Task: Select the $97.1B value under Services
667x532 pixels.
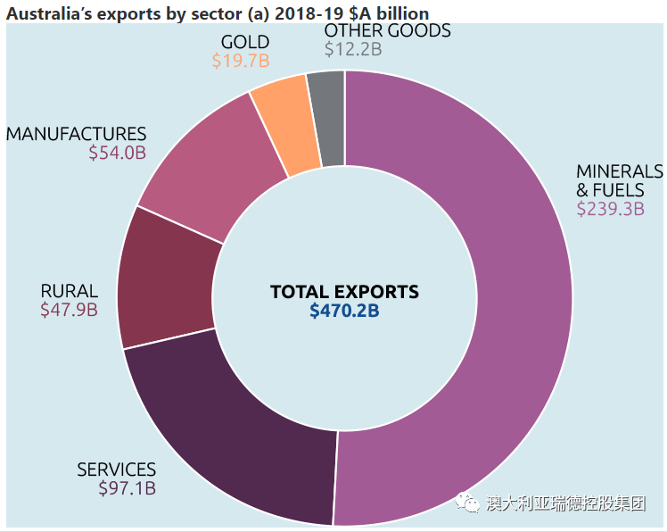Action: pyautogui.click(x=127, y=488)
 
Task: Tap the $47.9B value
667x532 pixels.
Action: pyautogui.click(x=69, y=310)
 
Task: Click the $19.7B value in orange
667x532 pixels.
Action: pyautogui.click(x=240, y=61)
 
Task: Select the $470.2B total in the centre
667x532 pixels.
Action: pyautogui.click(x=344, y=311)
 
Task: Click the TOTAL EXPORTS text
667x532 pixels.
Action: pyautogui.click(x=344, y=292)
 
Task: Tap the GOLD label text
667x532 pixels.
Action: pyautogui.click(x=244, y=42)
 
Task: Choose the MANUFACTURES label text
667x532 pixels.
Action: pyautogui.click(x=76, y=134)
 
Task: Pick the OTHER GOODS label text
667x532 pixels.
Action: pyautogui.click(x=387, y=31)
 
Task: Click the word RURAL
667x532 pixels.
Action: pyautogui.click(x=69, y=291)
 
